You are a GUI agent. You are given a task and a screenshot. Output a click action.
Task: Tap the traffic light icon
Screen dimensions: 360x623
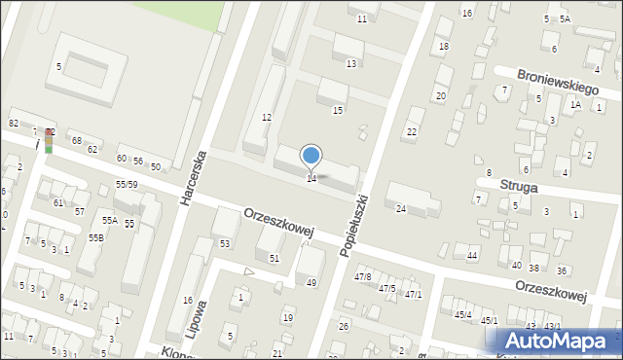(49, 140)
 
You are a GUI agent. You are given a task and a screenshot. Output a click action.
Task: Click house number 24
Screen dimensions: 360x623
(400, 208)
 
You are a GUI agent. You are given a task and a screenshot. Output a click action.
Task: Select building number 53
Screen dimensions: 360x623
(225, 243)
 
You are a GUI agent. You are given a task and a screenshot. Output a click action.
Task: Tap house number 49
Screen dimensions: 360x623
(311, 282)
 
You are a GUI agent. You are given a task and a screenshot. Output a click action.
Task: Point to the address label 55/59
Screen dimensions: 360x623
(127, 184)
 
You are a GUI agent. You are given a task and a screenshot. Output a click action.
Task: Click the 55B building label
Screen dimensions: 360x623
(96, 237)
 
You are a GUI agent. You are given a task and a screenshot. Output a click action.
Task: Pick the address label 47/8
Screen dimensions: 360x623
(362, 277)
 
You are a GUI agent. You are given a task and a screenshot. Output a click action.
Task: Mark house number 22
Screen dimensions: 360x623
(412, 131)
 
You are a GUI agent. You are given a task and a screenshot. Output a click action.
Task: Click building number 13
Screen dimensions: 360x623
(350, 63)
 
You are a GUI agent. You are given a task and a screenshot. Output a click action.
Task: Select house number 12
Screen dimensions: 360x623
(266, 117)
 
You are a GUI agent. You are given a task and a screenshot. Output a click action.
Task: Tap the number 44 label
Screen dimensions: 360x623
(472, 255)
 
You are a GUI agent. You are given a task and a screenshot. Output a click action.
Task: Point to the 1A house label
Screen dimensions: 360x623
(575, 104)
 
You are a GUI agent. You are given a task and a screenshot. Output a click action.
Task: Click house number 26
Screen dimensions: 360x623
(343, 326)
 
